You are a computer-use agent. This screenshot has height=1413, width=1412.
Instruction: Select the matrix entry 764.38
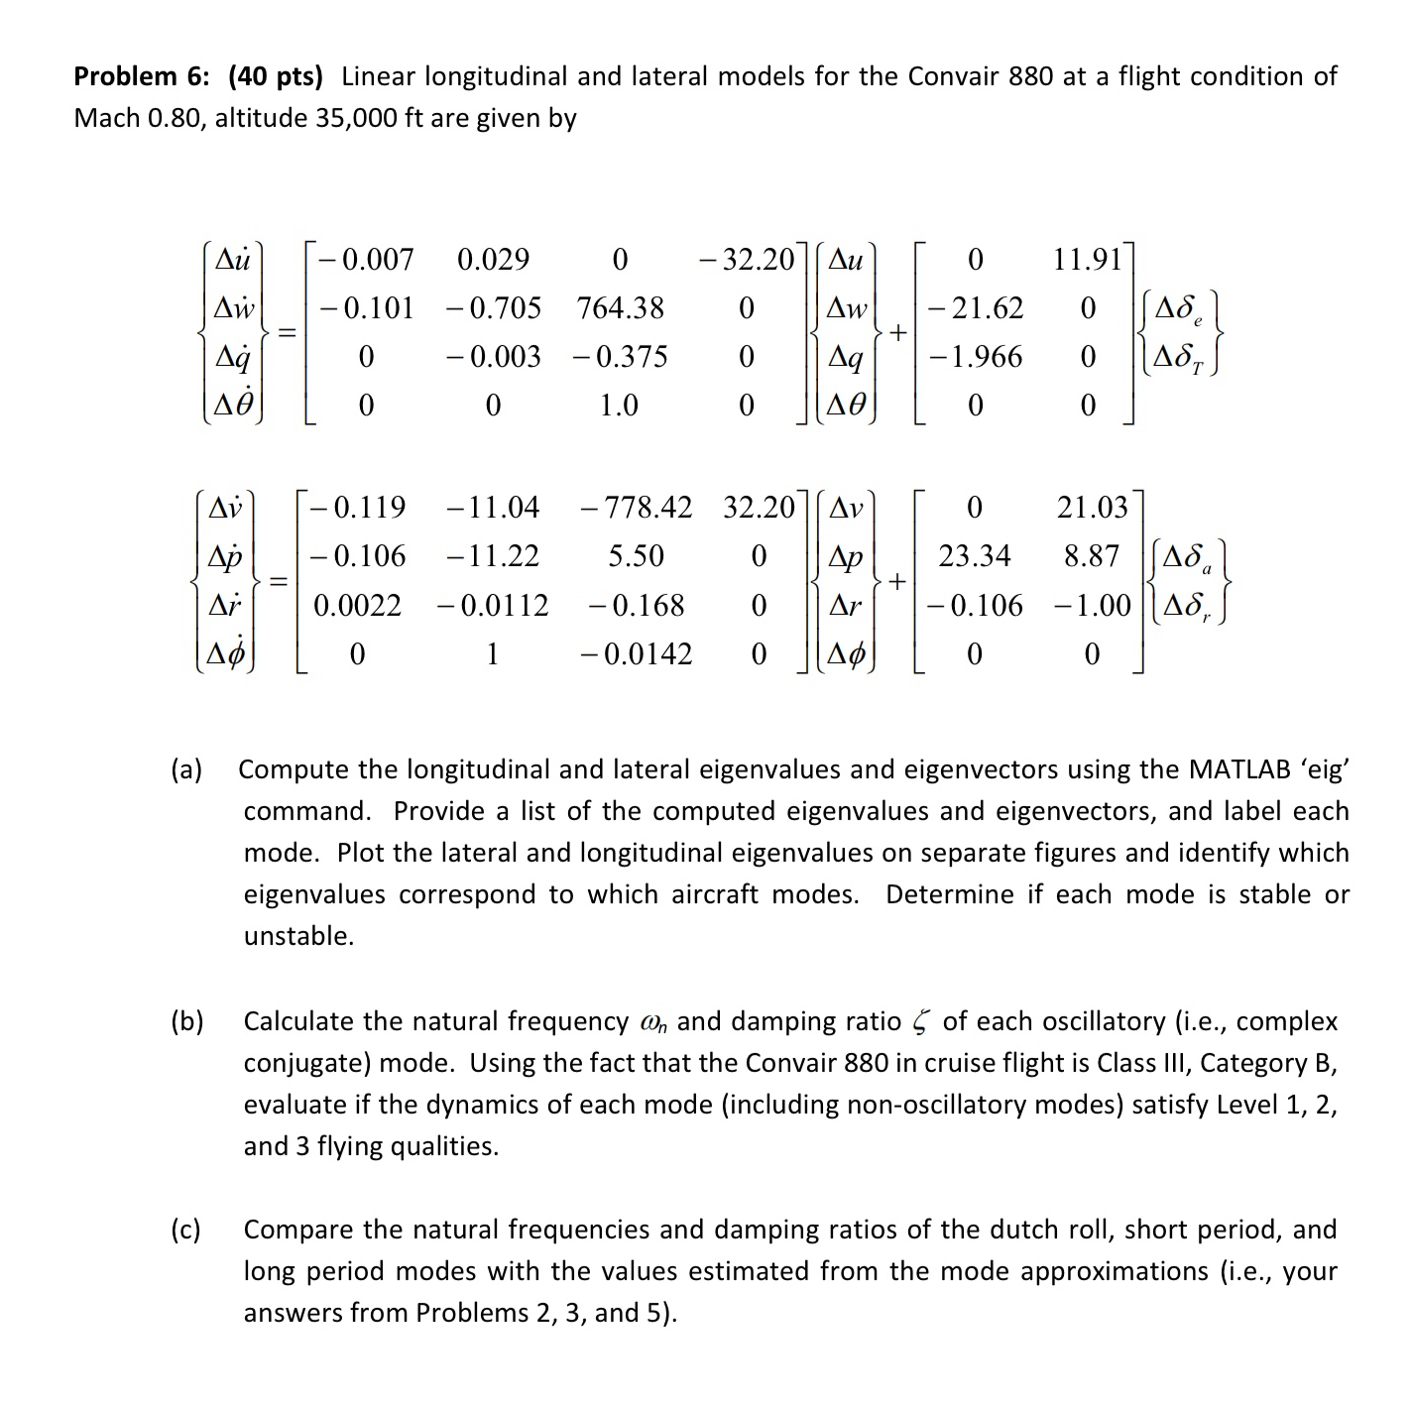tap(620, 307)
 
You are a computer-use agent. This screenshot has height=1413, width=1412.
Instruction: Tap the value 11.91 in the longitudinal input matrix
tap(1087, 260)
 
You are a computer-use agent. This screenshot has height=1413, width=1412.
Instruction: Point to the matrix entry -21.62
tap(976, 307)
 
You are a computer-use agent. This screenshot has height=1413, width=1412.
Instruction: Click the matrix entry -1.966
tap(976, 356)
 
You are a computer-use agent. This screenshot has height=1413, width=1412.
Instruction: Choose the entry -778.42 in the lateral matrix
tap(636, 508)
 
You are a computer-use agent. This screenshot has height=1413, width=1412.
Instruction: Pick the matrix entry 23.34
tap(974, 556)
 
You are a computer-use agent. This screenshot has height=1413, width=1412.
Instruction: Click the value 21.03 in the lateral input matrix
tap(1091, 508)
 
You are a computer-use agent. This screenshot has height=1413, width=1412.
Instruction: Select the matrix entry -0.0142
tap(636, 654)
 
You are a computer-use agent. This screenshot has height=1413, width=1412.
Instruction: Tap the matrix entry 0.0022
tap(357, 606)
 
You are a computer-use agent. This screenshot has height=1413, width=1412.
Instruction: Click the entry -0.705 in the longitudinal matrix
tap(493, 307)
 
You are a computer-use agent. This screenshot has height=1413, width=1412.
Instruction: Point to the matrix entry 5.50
tap(636, 556)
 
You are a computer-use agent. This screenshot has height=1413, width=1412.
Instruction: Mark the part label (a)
tap(185, 769)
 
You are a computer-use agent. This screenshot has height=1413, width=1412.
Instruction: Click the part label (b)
tap(185, 1021)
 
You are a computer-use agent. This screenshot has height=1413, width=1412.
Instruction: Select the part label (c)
tap(185, 1230)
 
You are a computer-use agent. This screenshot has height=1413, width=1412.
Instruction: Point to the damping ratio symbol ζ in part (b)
tap(921, 1022)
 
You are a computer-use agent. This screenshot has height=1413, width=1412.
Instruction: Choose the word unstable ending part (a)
tap(297, 936)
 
